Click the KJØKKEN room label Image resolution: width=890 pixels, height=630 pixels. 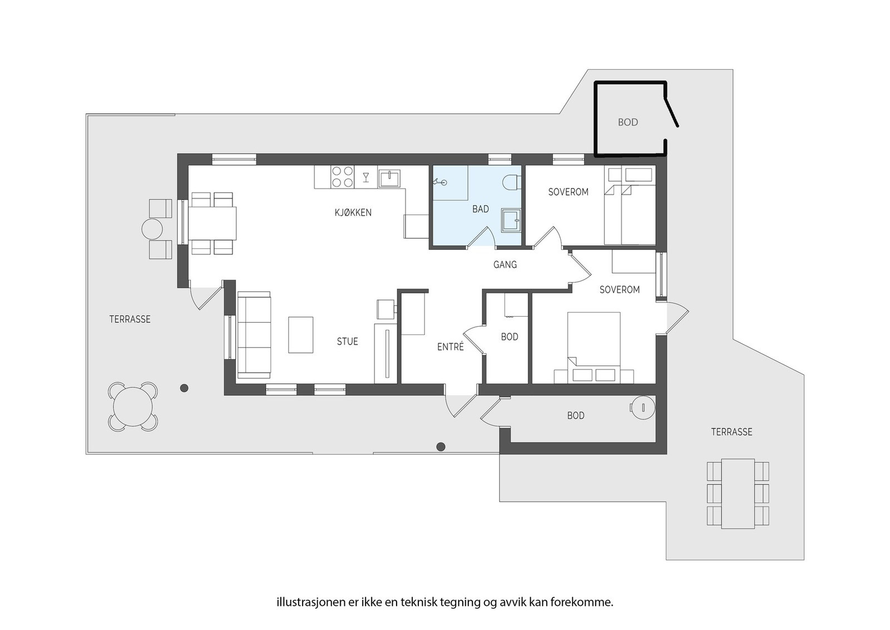[353, 213]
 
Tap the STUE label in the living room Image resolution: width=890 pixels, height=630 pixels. [347, 341]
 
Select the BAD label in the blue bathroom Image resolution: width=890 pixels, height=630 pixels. [481, 209]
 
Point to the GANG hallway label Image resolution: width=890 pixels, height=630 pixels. [505, 264]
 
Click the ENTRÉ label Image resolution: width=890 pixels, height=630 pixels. [450, 347]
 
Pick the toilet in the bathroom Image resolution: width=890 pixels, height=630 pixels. [512, 183]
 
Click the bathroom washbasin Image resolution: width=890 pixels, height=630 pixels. [511, 220]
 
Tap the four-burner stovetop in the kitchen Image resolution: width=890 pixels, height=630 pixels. [342, 177]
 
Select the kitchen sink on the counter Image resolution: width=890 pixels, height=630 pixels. [389, 178]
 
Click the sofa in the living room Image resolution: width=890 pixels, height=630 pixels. [254, 335]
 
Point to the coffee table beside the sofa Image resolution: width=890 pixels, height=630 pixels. [300, 334]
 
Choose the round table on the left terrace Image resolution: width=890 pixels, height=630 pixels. [133, 407]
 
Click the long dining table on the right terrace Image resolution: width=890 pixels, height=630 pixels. [738, 494]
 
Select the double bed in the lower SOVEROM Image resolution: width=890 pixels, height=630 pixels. [594, 347]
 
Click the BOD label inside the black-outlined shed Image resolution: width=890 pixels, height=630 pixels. [628, 122]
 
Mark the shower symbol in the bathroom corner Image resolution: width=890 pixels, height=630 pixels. [439, 182]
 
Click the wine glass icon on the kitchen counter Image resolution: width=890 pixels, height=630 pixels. [366, 178]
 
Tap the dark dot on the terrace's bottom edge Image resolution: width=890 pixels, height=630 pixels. [441, 447]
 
